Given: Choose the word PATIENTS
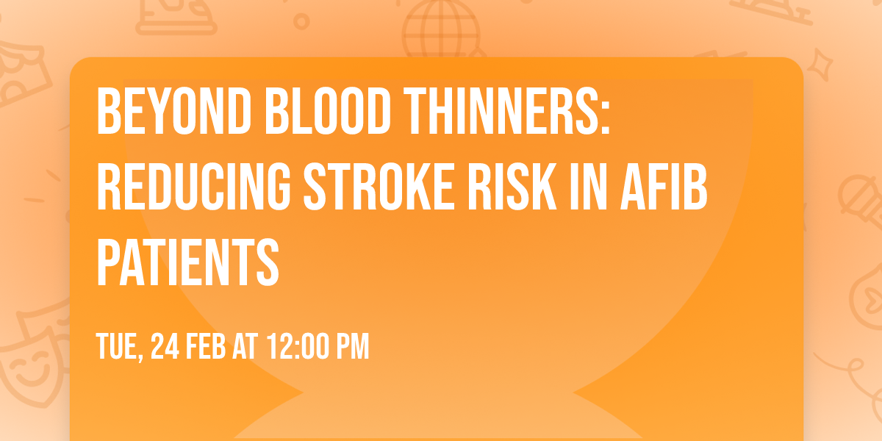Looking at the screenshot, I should [188, 261].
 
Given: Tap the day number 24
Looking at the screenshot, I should [167, 345].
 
